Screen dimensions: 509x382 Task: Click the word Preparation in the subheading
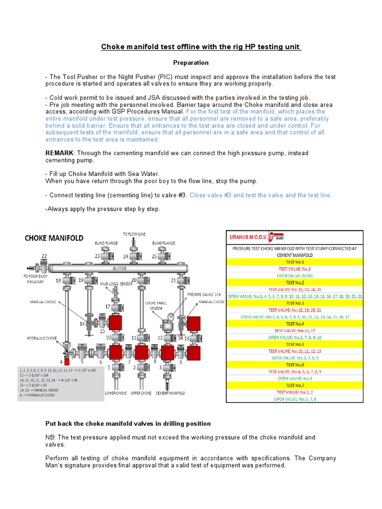(191, 63)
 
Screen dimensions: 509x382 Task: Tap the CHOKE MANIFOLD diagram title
(54, 239)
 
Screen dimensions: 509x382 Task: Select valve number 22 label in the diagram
(45, 256)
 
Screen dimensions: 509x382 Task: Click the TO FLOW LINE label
(134, 233)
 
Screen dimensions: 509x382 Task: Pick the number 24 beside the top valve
(125, 256)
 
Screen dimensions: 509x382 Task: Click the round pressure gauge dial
(171, 315)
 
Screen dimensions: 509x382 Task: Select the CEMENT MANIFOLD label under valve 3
(170, 393)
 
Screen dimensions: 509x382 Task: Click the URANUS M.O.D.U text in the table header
(246, 238)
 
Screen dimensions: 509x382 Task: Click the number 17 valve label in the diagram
(107, 307)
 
